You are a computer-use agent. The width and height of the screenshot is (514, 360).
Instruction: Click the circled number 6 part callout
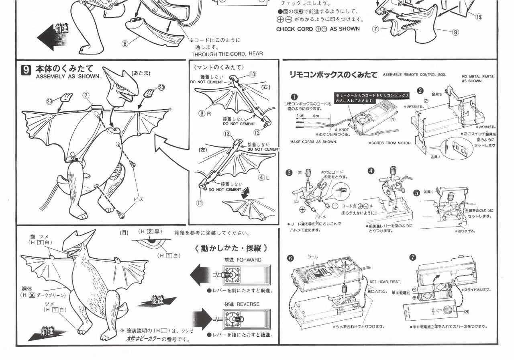pos(124,44)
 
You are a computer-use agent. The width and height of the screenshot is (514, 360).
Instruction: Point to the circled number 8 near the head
pos(455,33)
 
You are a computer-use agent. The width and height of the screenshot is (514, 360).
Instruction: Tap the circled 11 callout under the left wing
pos(199,203)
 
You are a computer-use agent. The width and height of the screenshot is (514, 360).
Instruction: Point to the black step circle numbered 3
pos(289,173)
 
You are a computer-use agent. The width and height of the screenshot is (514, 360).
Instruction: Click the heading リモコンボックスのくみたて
pos(333,75)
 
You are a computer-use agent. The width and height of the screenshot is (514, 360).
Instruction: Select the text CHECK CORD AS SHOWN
pos(318,29)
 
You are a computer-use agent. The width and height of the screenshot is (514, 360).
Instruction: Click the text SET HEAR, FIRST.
pos(385,282)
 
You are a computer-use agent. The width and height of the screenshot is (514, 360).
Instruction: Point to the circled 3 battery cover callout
pos(466,312)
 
